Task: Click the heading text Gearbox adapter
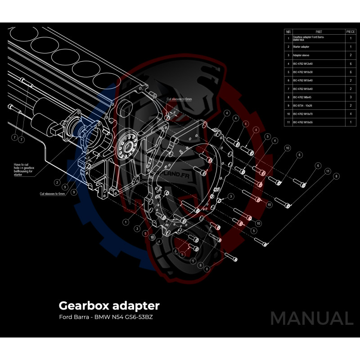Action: [x=109, y=306]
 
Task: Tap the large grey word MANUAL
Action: [x=311, y=319]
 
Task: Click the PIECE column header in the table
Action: [x=351, y=32]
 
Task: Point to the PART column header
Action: [x=319, y=32]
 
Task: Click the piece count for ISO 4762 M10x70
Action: [x=351, y=114]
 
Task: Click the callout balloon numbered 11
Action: [x=328, y=171]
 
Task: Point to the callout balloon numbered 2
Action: [x=57, y=182]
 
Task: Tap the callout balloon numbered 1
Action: [x=126, y=222]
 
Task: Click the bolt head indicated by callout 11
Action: [x=288, y=206]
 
